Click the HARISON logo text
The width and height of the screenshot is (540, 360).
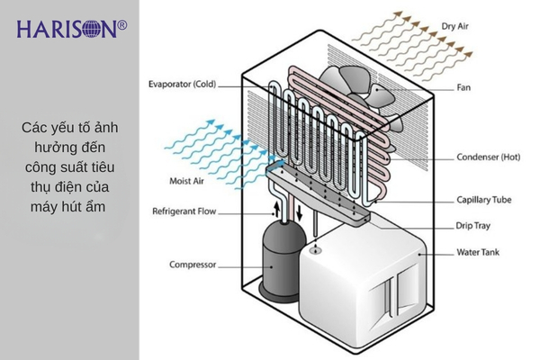tap(65, 30)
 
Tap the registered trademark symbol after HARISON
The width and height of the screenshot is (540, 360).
tap(122, 26)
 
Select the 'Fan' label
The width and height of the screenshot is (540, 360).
tap(464, 87)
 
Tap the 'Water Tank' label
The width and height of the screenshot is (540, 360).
tap(479, 254)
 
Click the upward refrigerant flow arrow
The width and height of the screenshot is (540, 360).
tap(274, 210)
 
